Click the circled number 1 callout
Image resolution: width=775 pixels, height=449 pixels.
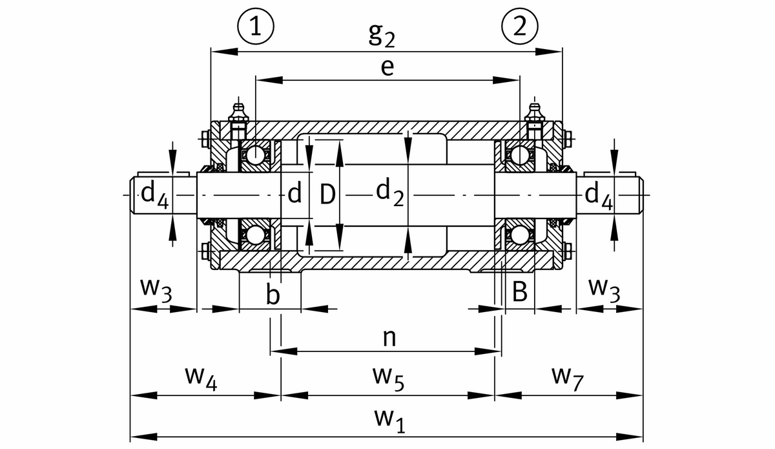click(x=256, y=26)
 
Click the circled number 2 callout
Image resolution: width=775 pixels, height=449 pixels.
click(x=520, y=26)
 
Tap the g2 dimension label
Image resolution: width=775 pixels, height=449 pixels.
click(x=382, y=36)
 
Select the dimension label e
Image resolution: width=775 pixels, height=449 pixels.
click(x=387, y=67)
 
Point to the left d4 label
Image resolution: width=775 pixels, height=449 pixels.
click(x=155, y=194)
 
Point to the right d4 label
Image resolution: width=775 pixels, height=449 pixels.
click(x=599, y=194)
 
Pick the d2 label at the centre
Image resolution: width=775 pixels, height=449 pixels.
click(x=390, y=192)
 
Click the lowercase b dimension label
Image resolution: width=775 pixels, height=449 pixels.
click(x=273, y=295)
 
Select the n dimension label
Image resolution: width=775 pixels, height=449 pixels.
click(x=388, y=337)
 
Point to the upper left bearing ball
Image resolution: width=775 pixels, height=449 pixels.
click(x=255, y=155)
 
